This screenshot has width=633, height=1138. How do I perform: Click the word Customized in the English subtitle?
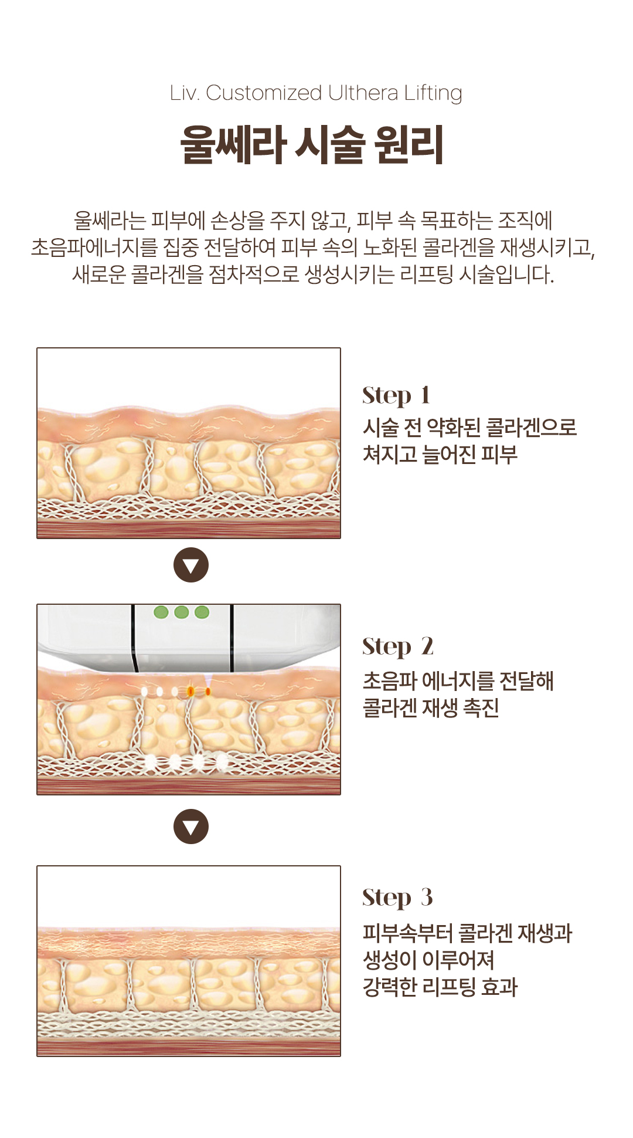pos(264,93)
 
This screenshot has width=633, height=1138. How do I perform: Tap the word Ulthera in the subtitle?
pos(363,93)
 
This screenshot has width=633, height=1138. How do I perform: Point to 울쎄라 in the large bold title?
pos(233,144)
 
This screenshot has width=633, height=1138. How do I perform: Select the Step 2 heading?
pos(398,647)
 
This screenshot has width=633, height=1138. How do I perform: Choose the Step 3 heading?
pos(397,898)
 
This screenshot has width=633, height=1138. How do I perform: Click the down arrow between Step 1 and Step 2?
pos(191,565)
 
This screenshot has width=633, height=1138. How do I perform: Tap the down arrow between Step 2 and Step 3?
pos(191,827)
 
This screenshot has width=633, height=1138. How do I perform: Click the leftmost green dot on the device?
pos(161,612)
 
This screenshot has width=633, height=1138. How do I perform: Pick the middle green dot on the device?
pos(182,612)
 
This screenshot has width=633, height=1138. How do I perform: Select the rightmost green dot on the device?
pos(202,612)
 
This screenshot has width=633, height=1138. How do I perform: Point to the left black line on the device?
pos(134,638)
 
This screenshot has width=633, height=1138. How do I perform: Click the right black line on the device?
pos(232,638)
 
